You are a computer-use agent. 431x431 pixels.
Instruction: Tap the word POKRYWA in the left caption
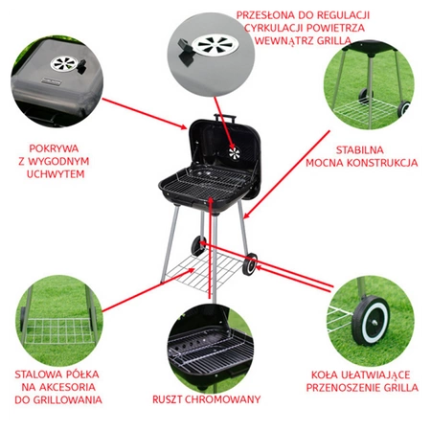(x=54, y=148)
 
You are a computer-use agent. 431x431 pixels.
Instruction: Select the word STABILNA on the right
(x=360, y=149)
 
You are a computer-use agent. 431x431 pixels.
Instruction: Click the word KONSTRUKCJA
(x=382, y=163)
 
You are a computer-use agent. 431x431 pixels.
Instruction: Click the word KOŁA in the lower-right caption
(x=325, y=374)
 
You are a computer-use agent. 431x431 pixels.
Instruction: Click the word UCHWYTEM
(x=56, y=174)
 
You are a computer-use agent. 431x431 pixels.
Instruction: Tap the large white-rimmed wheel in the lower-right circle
(x=372, y=321)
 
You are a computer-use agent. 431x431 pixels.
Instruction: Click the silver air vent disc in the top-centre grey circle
(x=215, y=44)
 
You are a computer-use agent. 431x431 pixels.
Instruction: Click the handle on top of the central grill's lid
(x=225, y=117)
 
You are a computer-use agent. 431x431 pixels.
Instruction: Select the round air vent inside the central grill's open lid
(x=235, y=153)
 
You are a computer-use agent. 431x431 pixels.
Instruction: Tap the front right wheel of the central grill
(x=250, y=264)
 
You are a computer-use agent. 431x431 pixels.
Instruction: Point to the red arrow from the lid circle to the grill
(x=145, y=113)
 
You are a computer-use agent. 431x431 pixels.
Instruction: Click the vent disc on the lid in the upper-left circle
(x=64, y=63)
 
